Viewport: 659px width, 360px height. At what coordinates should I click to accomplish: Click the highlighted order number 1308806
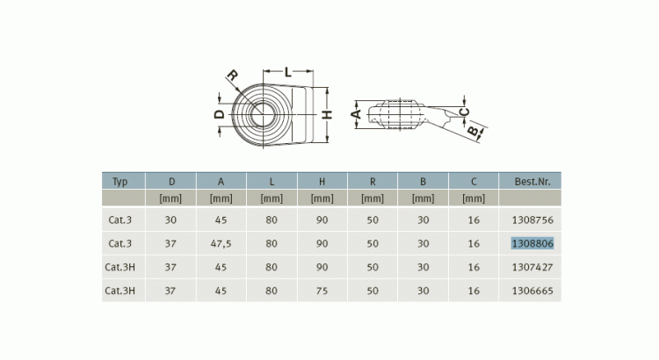pos(532,243)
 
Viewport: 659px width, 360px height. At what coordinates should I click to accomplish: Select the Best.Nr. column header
pos(532,182)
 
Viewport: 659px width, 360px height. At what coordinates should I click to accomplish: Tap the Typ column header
pos(119,182)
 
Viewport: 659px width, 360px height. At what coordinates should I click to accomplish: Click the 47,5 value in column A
pos(221,244)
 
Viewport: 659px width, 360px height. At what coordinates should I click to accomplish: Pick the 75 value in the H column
pos(322,291)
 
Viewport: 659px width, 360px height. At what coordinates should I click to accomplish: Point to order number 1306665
pos(532,291)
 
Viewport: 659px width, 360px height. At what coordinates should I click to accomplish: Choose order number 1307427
pos(532,267)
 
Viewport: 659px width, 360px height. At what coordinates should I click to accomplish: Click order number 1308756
pos(532,220)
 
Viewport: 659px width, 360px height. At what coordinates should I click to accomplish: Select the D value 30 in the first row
pos(170,220)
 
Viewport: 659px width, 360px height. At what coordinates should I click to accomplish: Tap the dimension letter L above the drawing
pos(288,72)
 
